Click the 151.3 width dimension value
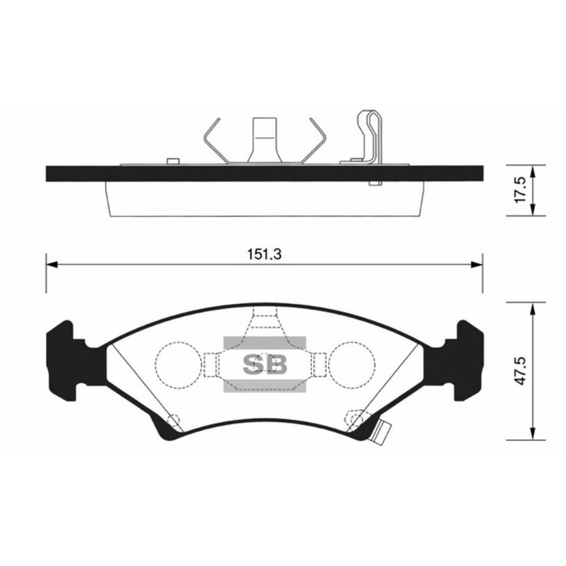click(x=264, y=253)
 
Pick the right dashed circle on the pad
click(x=353, y=364)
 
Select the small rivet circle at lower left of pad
click(x=172, y=419)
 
